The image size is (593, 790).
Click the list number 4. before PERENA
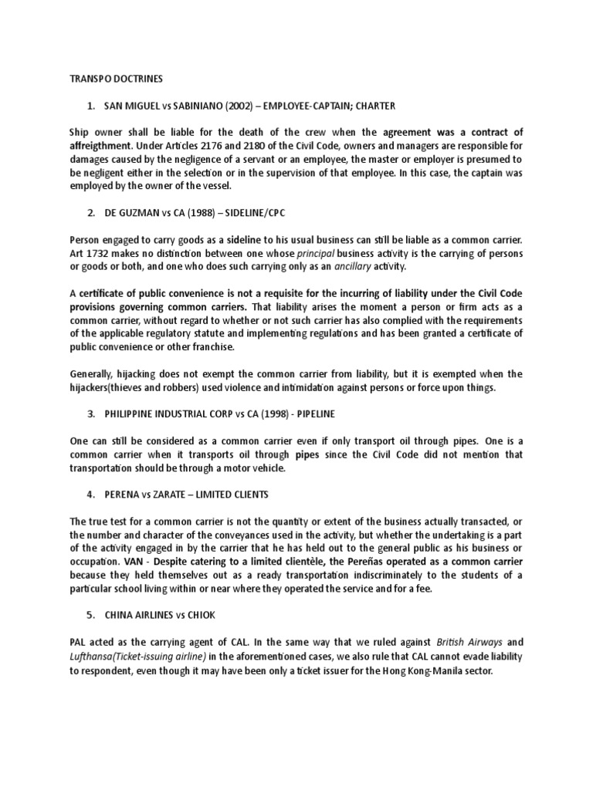tap(91, 495)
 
